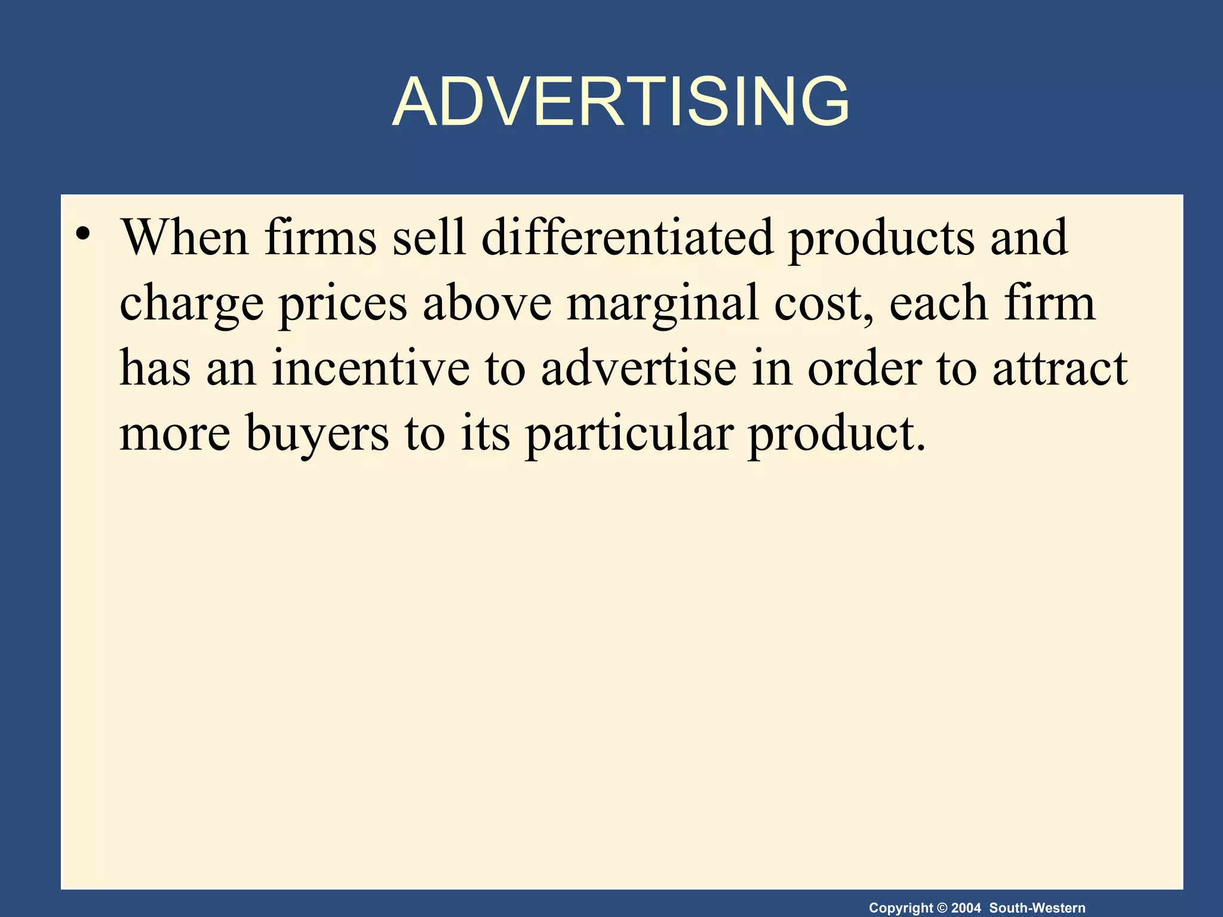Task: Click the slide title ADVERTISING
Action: coord(620,102)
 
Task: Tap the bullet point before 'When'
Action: coord(83,234)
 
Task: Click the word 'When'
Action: coord(185,238)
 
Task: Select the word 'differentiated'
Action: coord(626,238)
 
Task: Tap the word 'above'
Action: coord(487,303)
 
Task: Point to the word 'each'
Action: coord(938,303)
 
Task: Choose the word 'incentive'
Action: coord(370,368)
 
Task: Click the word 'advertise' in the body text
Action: coord(638,368)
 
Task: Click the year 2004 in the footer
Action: coord(966,908)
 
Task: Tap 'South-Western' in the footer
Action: coord(1037,908)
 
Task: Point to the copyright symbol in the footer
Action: coord(942,908)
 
